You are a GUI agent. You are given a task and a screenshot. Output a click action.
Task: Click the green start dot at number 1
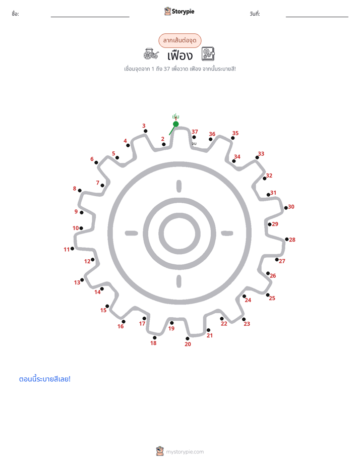click(x=176, y=124)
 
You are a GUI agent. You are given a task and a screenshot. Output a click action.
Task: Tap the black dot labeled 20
click(x=188, y=338)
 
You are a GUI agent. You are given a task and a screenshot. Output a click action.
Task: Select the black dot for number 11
click(x=73, y=249)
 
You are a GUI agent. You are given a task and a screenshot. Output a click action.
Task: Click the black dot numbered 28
click(x=286, y=239)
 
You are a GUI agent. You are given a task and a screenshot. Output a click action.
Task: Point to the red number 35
click(x=235, y=133)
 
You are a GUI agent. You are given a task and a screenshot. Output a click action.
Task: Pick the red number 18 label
click(x=153, y=343)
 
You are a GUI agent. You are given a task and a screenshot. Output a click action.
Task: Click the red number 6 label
click(x=92, y=159)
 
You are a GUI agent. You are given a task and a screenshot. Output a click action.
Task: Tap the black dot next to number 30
click(x=286, y=208)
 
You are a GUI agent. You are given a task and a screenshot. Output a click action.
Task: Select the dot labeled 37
click(x=194, y=137)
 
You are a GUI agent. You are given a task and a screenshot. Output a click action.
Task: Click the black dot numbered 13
click(x=82, y=280)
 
